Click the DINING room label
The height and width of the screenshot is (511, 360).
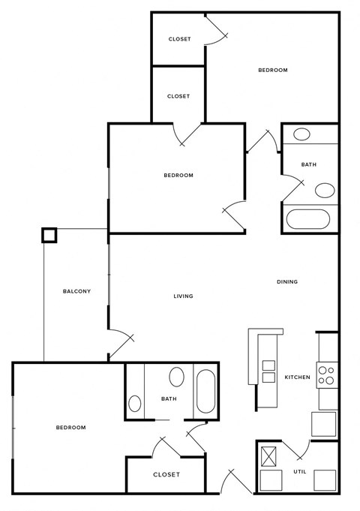[x=287, y=282]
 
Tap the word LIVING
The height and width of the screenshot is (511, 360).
[x=183, y=296]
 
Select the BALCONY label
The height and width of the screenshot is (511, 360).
[x=76, y=291]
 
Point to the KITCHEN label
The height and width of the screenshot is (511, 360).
[x=297, y=377]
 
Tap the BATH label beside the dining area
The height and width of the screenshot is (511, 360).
[x=308, y=165]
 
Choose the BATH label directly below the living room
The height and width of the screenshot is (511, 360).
[x=169, y=398]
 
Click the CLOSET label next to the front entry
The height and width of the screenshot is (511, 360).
[x=166, y=474]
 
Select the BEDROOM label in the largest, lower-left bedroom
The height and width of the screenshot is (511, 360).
[x=70, y=428]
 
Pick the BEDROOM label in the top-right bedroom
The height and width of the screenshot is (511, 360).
[x=273, y=71]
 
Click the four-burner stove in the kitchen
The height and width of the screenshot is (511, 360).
[x=327, y=374]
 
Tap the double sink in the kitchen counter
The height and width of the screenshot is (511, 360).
[x=267, y=371]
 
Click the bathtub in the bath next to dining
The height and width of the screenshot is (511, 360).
[x=308, y=220]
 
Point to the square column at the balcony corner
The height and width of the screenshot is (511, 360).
[x=49, y=236]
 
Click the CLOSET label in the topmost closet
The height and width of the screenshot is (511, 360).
[x=179, y=39]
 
